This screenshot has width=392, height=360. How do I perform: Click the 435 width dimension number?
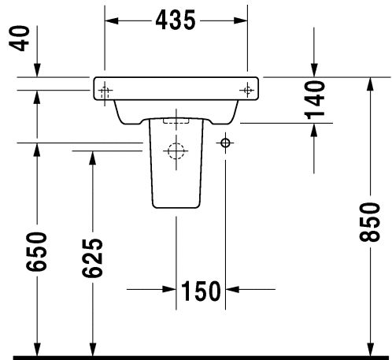click(176, 20)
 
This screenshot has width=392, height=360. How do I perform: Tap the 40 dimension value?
click(19, 39)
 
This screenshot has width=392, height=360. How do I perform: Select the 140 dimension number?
click(314, 100)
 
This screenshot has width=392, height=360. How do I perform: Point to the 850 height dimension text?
click(369, 222)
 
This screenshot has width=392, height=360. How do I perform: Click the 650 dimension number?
click(36, 251)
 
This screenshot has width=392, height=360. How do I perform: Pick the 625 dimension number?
click(92, 258)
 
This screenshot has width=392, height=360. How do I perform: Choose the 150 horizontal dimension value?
click(201, 291)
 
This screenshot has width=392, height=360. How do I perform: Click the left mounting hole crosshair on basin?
click(105, 91)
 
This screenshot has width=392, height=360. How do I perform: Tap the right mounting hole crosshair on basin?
click(247, 91)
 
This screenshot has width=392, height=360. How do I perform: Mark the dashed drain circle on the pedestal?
click(176, 151)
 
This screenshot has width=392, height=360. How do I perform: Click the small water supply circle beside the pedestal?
click(225, 143)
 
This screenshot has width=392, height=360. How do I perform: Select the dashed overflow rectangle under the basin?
click(176, 121)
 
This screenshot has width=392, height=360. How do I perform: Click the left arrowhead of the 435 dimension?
click(112, 20)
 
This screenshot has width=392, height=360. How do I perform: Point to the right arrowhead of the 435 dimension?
click(241, 20)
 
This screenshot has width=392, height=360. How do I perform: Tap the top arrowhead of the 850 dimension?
click(370, 84)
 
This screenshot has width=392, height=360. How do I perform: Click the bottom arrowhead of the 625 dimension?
click(92, 350)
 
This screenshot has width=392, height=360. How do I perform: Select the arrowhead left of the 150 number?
click(169, 289)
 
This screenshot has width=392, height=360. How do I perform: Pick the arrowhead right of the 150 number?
click(232, 289)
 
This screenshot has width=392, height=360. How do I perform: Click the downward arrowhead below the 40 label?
click(37, 70)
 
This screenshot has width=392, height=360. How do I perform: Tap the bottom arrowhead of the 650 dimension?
click(37, 350)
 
